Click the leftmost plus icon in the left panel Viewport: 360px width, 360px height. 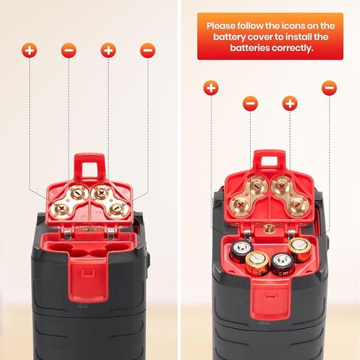29,50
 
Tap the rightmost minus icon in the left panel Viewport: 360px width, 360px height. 148,50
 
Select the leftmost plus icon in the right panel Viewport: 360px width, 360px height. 211,88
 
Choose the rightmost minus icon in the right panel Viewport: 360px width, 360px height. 329,88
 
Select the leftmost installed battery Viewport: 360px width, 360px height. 242,250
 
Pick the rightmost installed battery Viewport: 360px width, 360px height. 299,249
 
